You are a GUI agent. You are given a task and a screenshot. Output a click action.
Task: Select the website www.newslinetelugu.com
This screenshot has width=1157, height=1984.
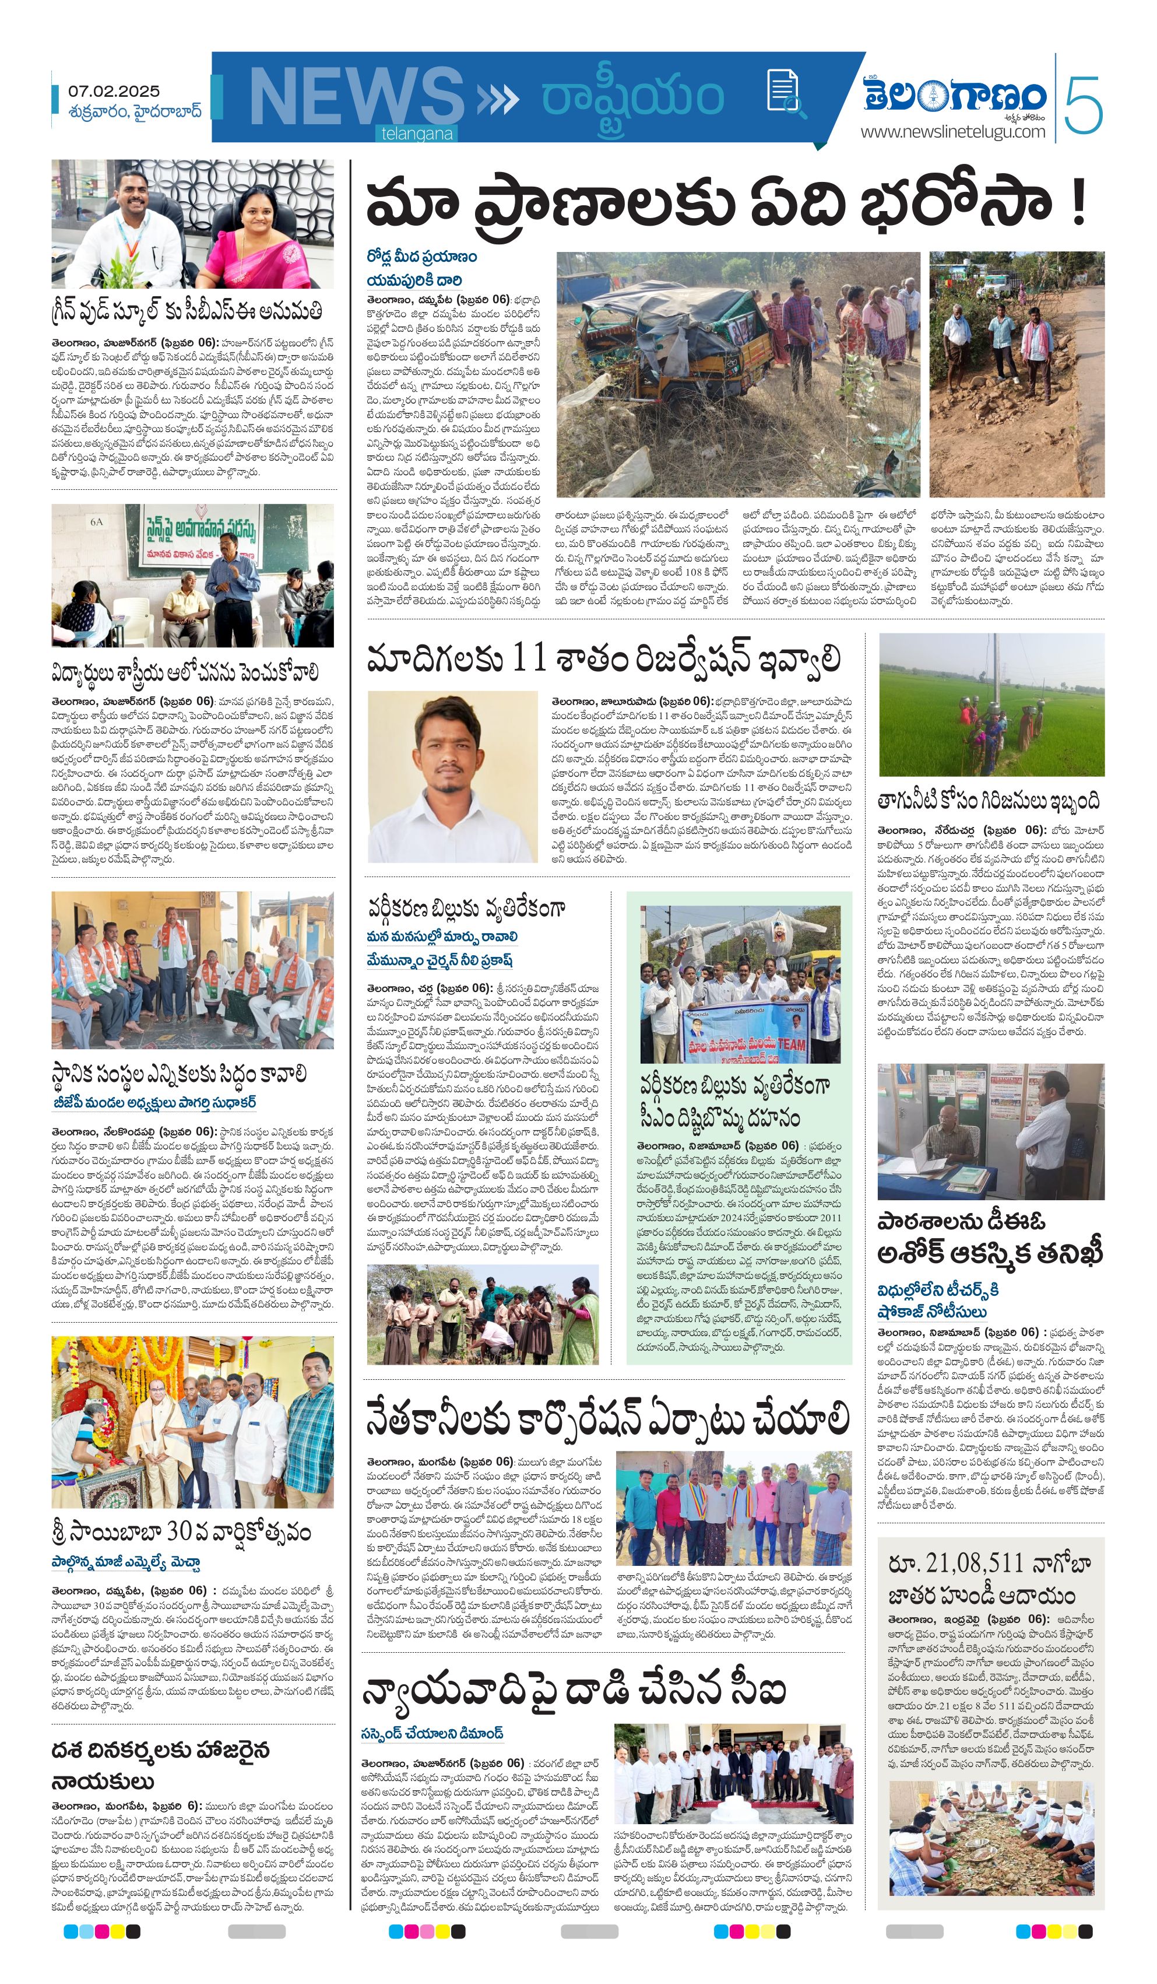pos(952,131)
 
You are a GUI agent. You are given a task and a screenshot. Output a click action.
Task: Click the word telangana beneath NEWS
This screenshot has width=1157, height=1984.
pos(417,134)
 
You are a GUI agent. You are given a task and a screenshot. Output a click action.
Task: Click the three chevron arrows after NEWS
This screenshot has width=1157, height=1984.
pos(497,99)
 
